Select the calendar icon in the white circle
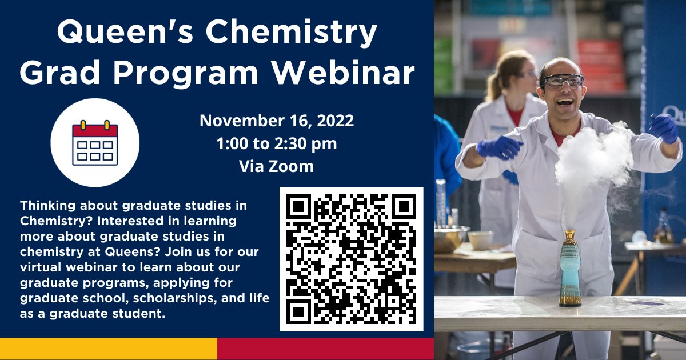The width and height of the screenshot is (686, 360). (95, 143)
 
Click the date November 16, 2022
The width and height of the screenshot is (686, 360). (277, 121)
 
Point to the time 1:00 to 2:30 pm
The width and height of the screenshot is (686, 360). (277, 143)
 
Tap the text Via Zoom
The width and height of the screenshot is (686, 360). (277, 166)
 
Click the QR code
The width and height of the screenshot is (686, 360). (351, 259)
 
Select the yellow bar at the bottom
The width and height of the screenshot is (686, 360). (109, 349)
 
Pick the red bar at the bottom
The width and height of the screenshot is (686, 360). (325, 349)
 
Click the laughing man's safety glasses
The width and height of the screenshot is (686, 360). (563, 81)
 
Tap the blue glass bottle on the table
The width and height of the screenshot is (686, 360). (570, 269)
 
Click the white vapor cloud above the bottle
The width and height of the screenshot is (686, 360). (592, 157)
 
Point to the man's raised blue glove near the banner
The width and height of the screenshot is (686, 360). (664, 127)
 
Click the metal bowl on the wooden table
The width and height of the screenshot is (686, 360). (451, 238)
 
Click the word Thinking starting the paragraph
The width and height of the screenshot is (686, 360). (45, 205)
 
